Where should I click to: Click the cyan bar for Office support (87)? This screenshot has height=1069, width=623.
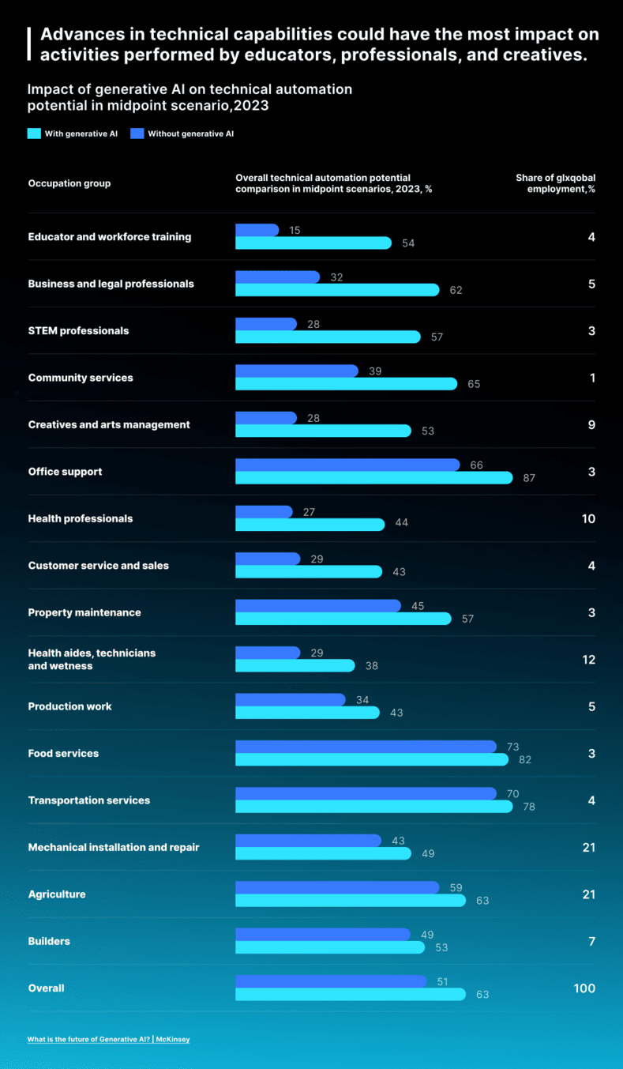(373, 478)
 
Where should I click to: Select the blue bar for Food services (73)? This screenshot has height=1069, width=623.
(366, 747)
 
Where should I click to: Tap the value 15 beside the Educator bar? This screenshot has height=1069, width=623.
(295, 231)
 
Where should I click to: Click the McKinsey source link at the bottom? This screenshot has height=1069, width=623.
(108, 1039)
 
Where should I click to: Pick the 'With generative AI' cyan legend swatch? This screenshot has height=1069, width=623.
(34, 134)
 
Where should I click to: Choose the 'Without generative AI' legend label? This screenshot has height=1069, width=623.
(190, 134)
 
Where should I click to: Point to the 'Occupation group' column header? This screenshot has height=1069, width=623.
(69, 183)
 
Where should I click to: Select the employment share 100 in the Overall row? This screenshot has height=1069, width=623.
(584, 988)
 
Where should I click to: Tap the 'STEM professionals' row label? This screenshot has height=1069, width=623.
(78, 330)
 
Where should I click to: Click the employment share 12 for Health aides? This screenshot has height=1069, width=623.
(588, 660)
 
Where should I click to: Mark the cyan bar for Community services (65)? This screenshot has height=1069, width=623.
(346, 384)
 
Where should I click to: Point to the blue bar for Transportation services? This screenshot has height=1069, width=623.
(366, 793)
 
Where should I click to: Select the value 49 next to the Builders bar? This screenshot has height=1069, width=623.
(427, 935)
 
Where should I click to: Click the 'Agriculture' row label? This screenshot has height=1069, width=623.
(57, 894)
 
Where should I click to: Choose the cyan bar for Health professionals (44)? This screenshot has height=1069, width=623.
(310, 525)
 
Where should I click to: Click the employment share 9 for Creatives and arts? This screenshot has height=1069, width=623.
(591, 424)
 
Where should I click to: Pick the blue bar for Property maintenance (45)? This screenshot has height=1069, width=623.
(317, 606)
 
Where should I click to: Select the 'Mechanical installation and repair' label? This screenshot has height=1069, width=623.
(114, 847)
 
